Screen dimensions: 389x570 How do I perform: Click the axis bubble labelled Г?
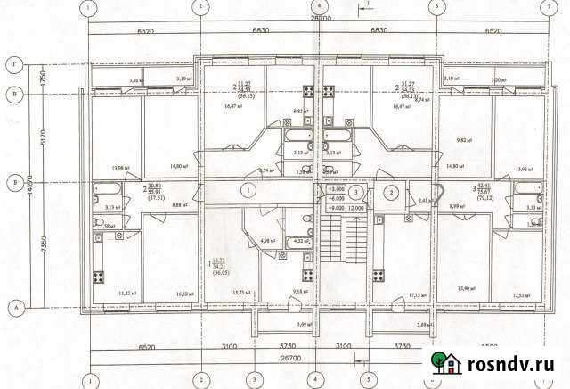(14, 65)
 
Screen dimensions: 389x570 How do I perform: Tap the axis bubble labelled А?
(14, 305)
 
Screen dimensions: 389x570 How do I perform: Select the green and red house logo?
(447, 363)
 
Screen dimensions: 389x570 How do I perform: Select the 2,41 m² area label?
(424, 201)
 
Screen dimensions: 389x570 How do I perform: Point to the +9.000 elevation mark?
(336, 207)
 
